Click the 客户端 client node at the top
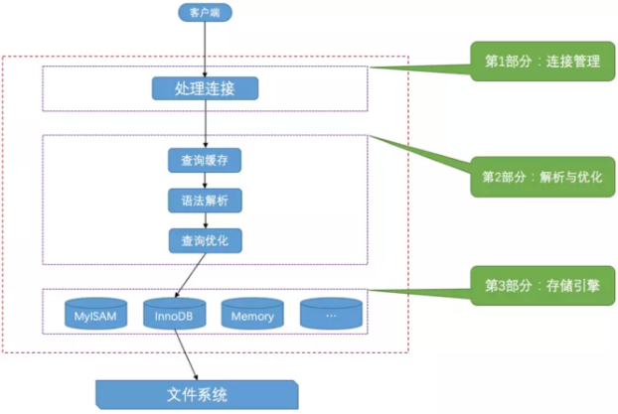pyautogui.click(x=205, y=13)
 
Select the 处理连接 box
pyautogui.click(x=205, y=89)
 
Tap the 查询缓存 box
pyautogui.click(x=205, y=160)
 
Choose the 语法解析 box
pyautogui.click(x=205, y=200)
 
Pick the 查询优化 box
pyautogui.click(x=205, y=240)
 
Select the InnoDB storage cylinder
pyautogui.click(x=175, y=316)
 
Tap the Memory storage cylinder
pyautogui.click(x=252, y=316)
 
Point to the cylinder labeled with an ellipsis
pyautogui.click(x=332, y=316)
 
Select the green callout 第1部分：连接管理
pyautogui.click(x=541, y=62)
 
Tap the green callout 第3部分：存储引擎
pyautogui.click(x=541, y=285)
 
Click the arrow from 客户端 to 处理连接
pyautogui.click(x=205, y=48)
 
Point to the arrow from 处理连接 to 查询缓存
pyautogui.click(x=205, y=125)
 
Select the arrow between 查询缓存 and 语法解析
pyautogui.click(x=205, y=180)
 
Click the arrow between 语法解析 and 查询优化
pyautogui.click(x=205, y=220)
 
